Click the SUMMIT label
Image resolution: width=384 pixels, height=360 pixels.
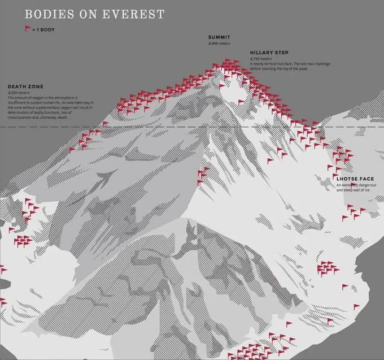point(219,37)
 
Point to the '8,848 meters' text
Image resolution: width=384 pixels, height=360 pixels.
point(219,43)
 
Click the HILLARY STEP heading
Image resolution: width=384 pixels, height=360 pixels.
point(269,53)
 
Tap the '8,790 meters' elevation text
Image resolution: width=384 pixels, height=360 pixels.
point(261,59)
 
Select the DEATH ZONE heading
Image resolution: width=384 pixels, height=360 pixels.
point(25,86)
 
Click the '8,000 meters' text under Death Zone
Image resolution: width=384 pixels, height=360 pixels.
point(19,92)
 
